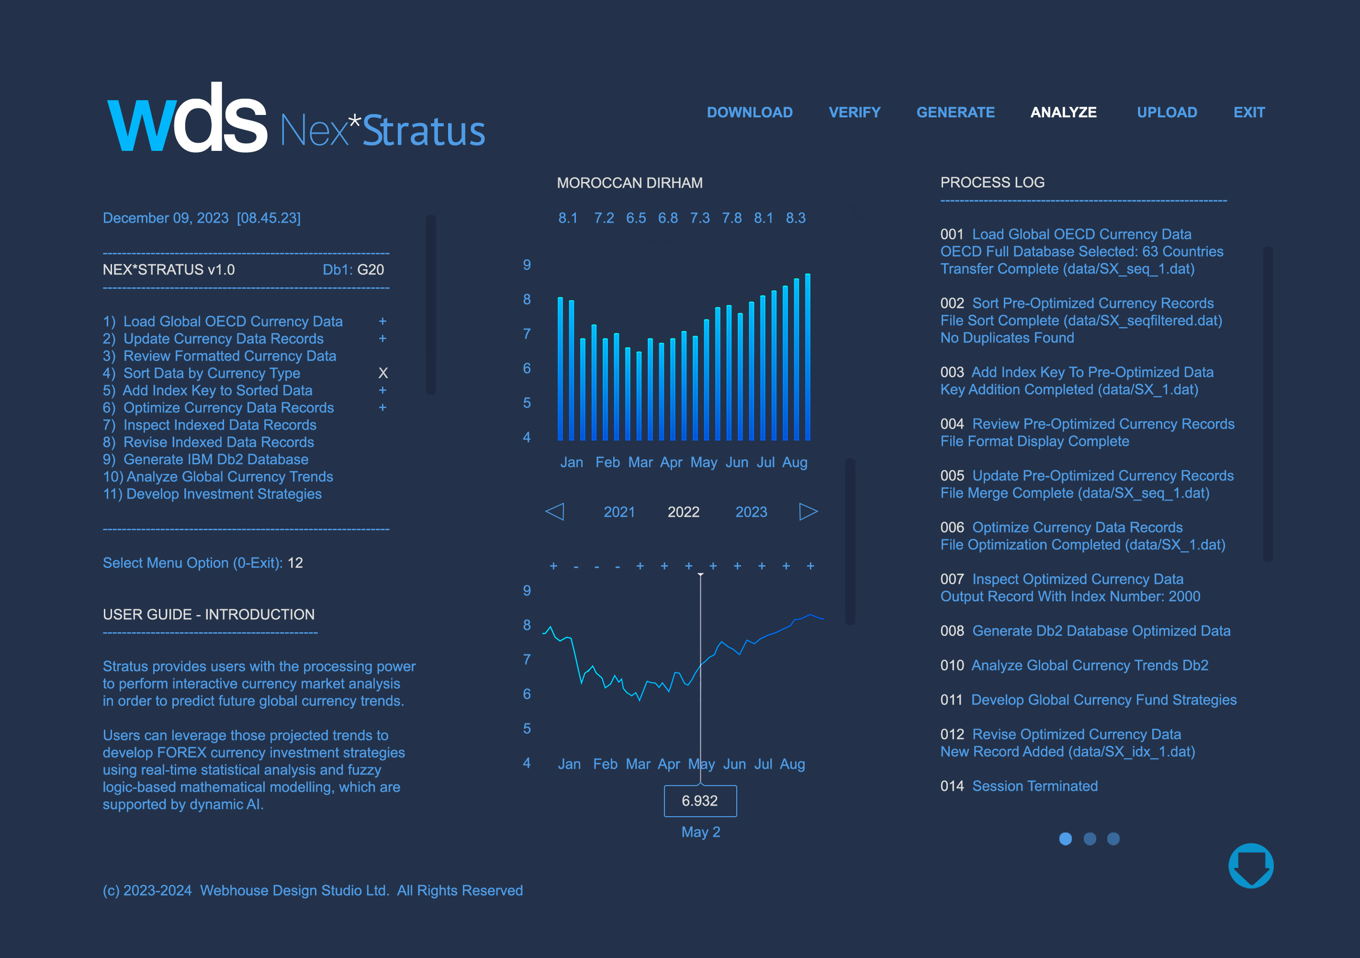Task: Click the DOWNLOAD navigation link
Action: (x=749, y=112)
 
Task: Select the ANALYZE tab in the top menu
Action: (x=1063, y=112)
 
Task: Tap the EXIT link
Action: (x=1248, y=112)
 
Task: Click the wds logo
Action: (x=187, y=119)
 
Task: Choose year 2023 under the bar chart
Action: (x=751, y=512)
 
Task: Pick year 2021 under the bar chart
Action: (x=619, y=512)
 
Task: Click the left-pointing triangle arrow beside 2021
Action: (x=554, y=511)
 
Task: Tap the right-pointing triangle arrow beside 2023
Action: (x=808, y=511)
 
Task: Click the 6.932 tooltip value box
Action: (x=700, y=801)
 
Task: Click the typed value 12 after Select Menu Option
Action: (x=295, y=563)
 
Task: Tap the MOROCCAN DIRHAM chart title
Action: (x=629, y=182)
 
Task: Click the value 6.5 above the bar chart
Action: (x=636, y=218)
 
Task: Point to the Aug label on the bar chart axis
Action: (x=794, y=462)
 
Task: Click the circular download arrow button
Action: (x=1250, y=866)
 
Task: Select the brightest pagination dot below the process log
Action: (x=1065, y=839)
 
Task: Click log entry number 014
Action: (x=952, y=786)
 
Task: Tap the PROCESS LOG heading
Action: (x=992, y=182)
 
